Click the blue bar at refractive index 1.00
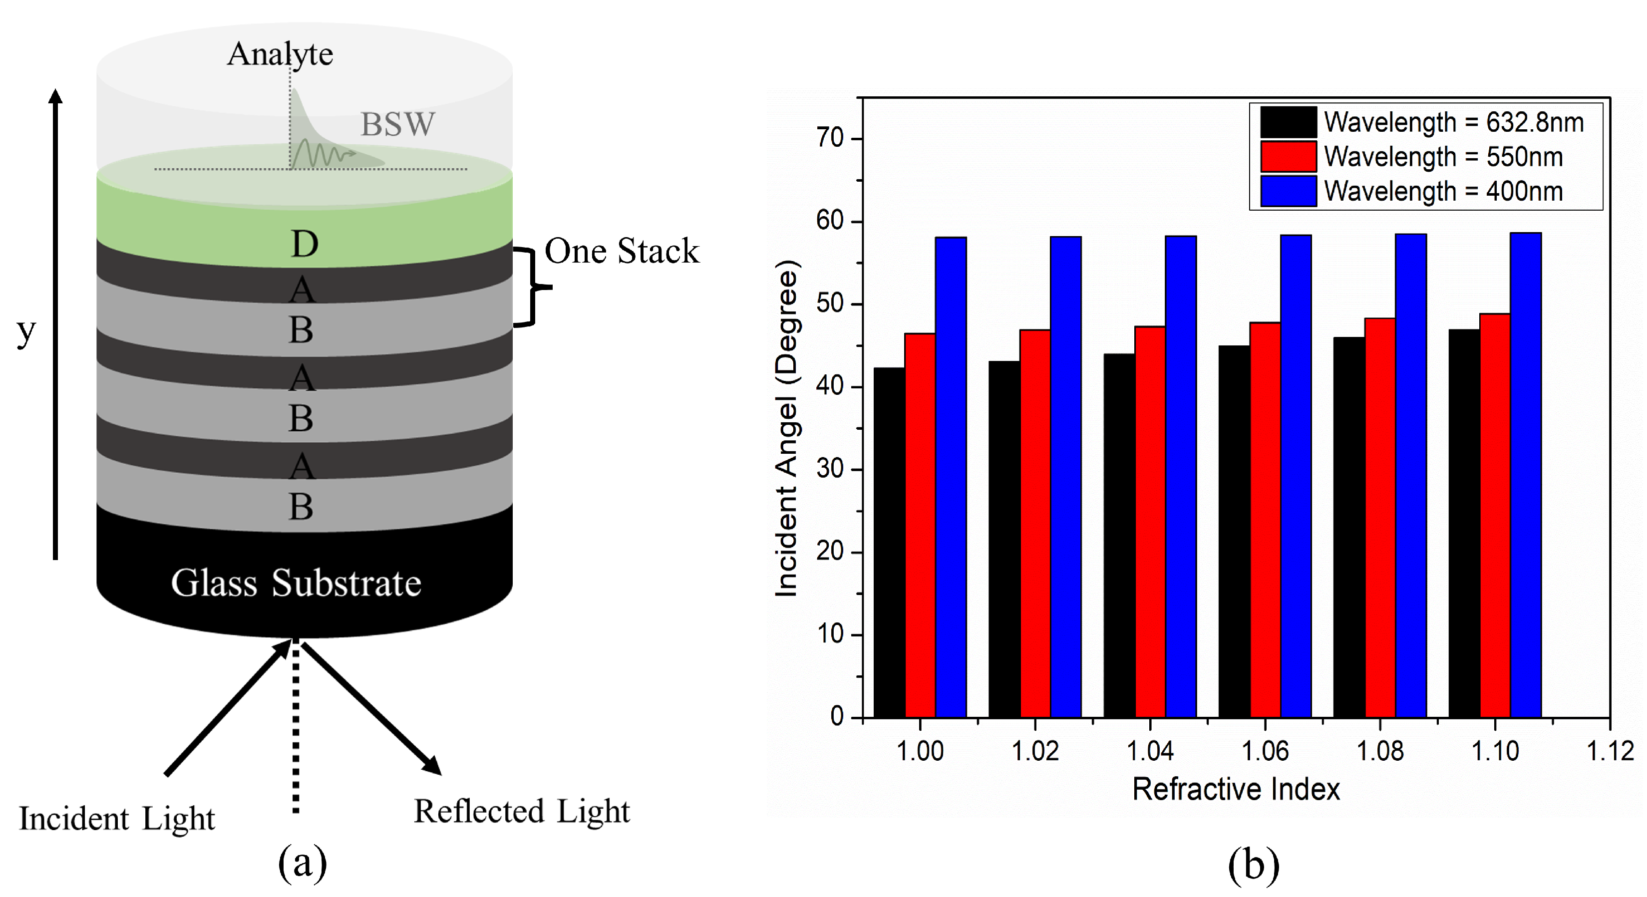coord(951,477)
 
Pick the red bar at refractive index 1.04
coord(1150,522)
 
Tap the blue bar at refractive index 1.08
coord(1410,476)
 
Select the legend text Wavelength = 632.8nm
coord(1453,122)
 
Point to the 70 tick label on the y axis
coord(829,138)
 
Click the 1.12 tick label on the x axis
coord(1609,751)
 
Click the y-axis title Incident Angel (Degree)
coord(786,428)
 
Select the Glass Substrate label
coord(296,583)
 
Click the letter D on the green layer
coord(305,244)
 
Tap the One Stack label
coord(622,251)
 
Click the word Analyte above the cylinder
coord(280,54)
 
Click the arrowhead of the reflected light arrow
coord(433,766)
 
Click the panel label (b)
coord(1253,865)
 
